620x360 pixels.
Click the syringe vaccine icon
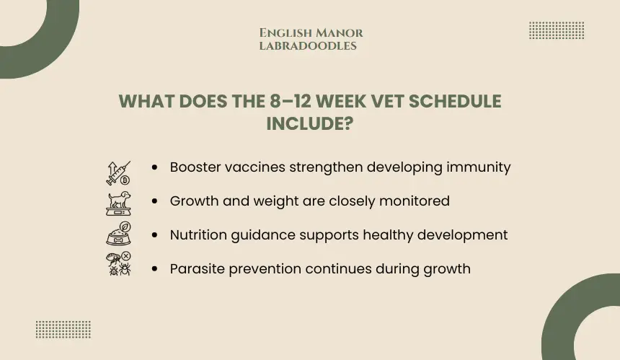118,173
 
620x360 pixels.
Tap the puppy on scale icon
118,203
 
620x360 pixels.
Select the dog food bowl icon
118,234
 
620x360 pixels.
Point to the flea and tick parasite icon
118,263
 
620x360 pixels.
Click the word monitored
415,201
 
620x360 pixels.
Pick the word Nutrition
198,235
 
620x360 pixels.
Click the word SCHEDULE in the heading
455,101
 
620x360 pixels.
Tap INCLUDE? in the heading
309,124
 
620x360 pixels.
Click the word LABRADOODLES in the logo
308,46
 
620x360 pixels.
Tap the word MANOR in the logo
340,33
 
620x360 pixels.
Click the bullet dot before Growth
154,201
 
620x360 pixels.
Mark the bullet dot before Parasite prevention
154,269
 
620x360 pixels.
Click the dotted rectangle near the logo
557,30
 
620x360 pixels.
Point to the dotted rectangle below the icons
63,330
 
